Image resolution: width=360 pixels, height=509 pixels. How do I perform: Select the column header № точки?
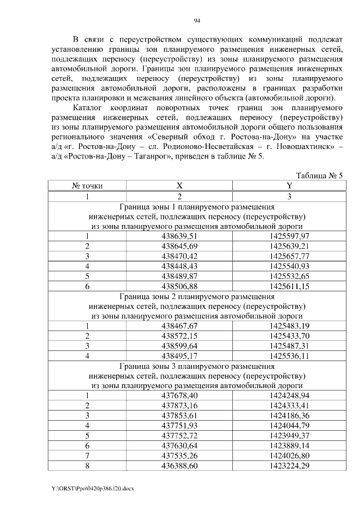[87, 186]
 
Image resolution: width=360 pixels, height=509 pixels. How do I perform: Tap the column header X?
[179, 186]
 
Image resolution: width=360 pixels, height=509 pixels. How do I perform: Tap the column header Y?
[289, 186]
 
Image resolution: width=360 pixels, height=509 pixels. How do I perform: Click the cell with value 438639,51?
[179, 236]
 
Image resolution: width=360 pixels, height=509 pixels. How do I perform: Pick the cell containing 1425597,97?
[289, 236]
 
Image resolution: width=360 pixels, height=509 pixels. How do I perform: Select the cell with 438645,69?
[179, 246]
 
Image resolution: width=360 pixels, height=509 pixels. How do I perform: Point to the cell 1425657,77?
[289, 256]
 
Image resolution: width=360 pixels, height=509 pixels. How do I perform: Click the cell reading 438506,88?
[179, 286]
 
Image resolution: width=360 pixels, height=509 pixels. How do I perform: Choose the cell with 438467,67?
[179, 326]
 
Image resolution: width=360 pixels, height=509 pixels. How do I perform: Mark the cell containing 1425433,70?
[289, 336]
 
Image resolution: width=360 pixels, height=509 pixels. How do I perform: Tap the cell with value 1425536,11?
[289, 356]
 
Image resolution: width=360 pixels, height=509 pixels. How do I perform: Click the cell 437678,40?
[179, 395]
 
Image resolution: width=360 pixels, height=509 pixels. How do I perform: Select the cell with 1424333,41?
[289, 406]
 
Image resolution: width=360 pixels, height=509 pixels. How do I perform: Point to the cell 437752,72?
[179, 435]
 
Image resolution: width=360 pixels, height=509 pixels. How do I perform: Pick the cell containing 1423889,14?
[289, 445]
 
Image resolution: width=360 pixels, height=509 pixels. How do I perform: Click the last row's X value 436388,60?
[179, 466]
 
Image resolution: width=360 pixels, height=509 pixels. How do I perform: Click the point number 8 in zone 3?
[87, 466]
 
